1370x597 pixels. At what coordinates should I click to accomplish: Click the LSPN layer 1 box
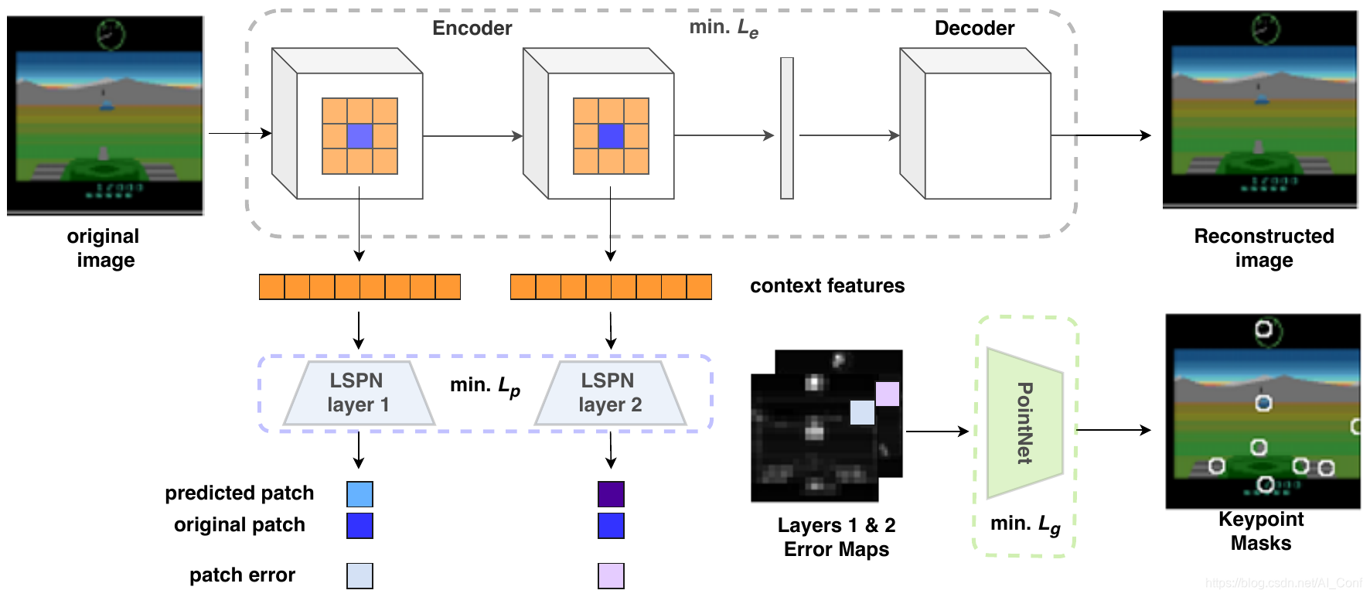(359, 393)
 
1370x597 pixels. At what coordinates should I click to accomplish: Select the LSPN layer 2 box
(610, 393)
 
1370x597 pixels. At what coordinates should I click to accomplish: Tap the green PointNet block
(1025, 423)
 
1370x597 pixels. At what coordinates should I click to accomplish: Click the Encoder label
(472, 29)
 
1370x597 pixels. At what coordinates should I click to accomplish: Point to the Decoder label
(974, 29)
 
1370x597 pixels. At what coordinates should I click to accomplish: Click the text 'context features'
(826, 286)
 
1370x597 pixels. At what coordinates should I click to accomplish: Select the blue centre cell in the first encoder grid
(360, 136)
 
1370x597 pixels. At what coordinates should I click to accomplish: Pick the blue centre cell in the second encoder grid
(611, 136)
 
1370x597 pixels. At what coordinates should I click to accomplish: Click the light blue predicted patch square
(360, 494)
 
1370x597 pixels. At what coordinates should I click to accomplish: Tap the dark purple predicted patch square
(611, 494)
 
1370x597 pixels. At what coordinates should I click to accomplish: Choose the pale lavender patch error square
(611, 575)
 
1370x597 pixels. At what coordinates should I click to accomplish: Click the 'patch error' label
(242, 575)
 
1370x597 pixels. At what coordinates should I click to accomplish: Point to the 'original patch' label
(239, 525)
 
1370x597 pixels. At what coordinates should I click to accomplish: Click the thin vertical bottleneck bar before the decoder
(787, 128)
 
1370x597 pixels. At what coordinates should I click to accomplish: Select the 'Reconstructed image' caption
(1263, 247)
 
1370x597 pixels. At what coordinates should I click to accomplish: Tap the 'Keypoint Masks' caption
(1261, 531)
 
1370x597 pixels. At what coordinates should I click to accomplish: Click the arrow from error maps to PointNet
(936, 432)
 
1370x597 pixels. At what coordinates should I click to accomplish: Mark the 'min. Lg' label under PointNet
(1025, 525)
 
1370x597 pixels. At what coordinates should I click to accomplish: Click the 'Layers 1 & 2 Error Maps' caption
(837, 537)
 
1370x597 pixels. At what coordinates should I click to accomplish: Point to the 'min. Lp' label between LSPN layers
(485, 386)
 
